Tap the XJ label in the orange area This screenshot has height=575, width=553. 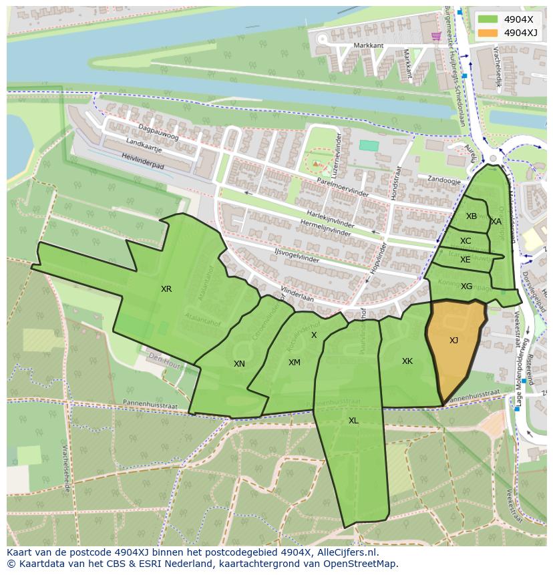pyautogui.click(x=453, y=341)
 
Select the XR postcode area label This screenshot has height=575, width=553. pyautogui.click(x=166, y=289)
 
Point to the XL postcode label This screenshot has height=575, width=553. pyautogui.click(x=353, y=421)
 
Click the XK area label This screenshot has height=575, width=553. pyautogui.click(x=407, y=361)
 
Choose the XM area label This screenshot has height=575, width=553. pyautogui.click(x=294, y=363)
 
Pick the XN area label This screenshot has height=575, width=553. pyautogui.click(x=239, y=364)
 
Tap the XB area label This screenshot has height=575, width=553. pyautogui.click(x=472, y=216)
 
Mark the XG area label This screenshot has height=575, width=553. pyautogui.click(x=466, y=286)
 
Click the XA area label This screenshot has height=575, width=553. pyautogui.click(x=496, y=222)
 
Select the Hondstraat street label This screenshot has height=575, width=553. pyautogui.click(x=397, y=183)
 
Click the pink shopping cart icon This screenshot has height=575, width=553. pyautogui.click(x=436, y=36)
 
